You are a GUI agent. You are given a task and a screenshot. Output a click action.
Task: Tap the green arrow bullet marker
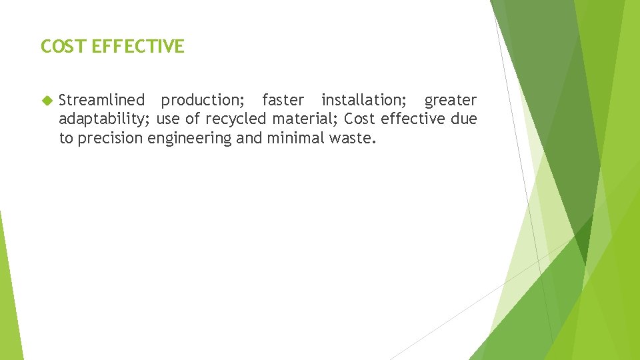46,101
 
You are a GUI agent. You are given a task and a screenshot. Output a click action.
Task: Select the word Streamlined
101,100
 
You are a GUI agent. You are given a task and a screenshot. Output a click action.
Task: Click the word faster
283,100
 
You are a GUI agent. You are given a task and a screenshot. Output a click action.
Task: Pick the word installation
364,100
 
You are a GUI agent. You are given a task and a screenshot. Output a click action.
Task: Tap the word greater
451,101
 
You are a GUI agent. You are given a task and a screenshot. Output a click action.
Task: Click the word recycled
236,119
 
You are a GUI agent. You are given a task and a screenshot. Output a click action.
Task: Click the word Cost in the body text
360,119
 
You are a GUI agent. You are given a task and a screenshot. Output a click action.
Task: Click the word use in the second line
167,119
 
